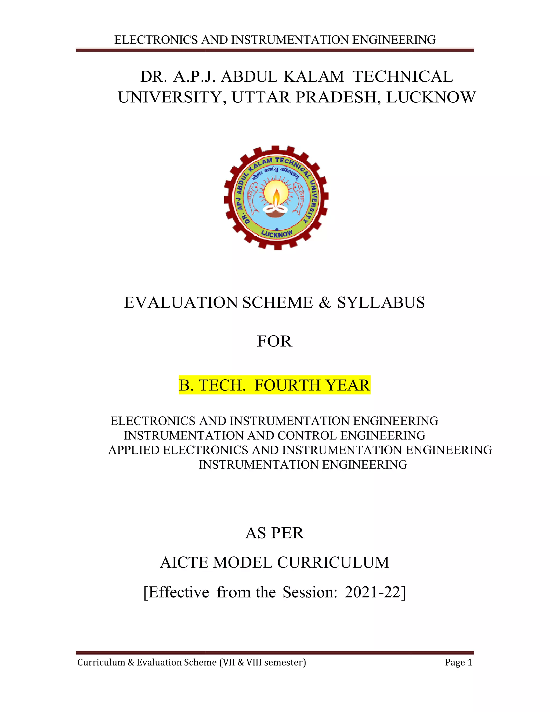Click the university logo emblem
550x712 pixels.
click(276, 198)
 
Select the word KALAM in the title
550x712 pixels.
click(313, 77)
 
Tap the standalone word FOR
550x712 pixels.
click(274, 341)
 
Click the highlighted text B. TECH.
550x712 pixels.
click(212, 385)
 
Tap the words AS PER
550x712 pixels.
click(275, 533)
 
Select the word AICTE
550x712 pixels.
click(184, 562)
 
